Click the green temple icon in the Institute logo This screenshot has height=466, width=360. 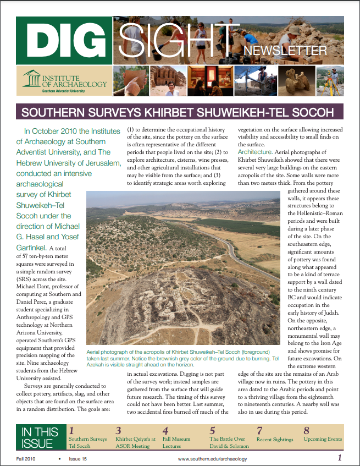pyautogui.click(x=32, y=78)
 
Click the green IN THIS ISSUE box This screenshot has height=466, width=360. pyautogui.click(x=39, y=438)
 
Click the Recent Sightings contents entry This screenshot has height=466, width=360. pyautogui.click(x=275, y=439)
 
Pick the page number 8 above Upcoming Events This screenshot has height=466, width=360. pyautogui.click(x=307, y=430)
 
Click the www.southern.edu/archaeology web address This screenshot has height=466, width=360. pyautogui.click(x=212, y=459)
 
